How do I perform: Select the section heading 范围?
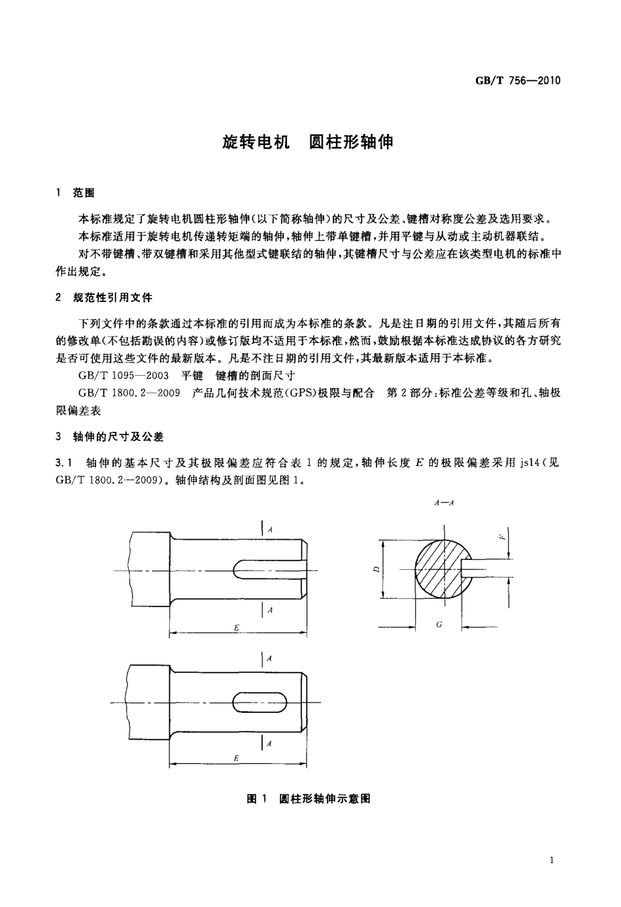(x=84, y=193)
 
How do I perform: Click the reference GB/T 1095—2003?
(x=124, y=375)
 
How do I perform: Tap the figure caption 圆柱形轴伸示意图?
(x=325, y=799)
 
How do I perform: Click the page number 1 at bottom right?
(x=552, y=861)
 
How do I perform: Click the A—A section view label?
(x=444, y=503)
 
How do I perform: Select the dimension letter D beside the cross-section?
(x=376, y=569)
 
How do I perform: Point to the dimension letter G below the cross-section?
(x=439, y=625)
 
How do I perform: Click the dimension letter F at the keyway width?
(x=501, y=538)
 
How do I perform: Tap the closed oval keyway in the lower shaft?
(x=263, y=703)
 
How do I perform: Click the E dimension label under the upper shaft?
(x=237, y=628)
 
